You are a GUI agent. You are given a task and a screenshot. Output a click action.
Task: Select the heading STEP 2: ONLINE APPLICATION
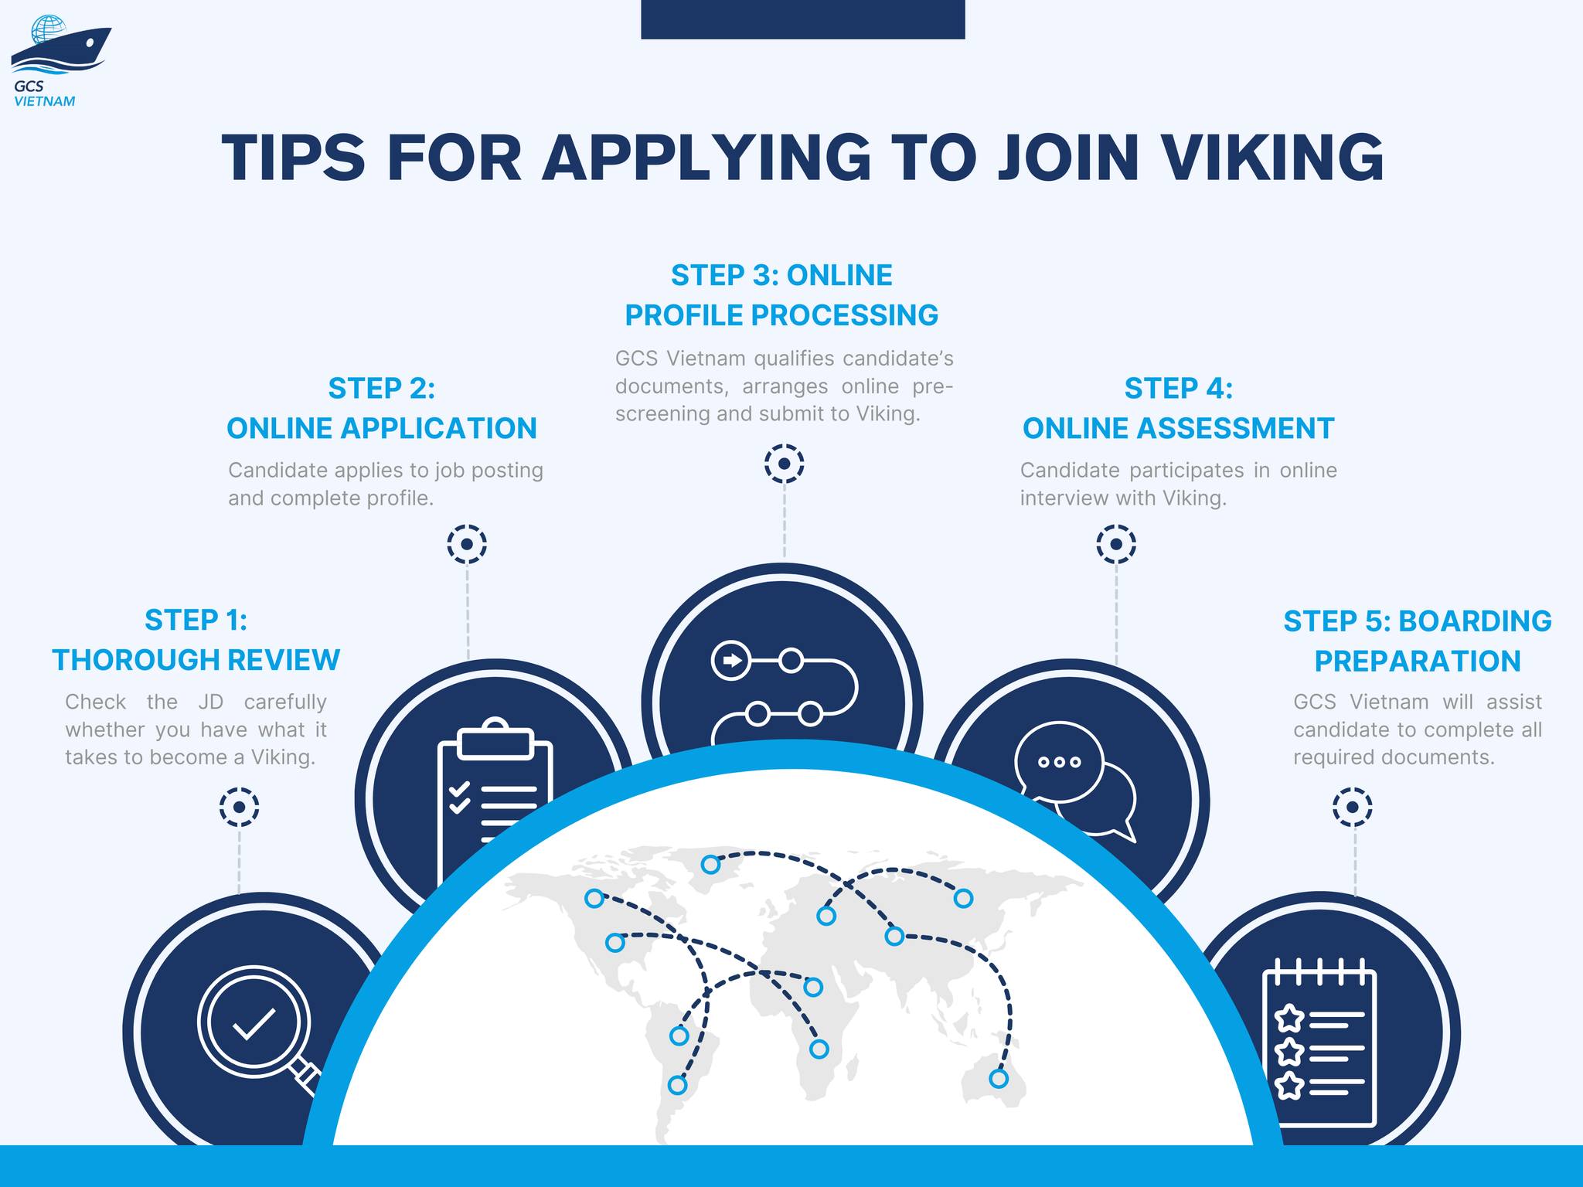[382, 408]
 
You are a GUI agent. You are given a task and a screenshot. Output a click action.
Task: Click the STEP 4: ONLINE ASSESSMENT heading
[1178, 408]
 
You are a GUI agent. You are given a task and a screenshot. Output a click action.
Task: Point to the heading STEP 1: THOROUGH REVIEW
[196, 640]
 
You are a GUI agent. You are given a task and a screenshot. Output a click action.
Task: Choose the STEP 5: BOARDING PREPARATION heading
[1418, 641]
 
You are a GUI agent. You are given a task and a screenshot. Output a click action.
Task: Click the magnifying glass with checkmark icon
[256, 1028]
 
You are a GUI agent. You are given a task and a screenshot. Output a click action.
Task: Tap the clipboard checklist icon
[495, 796]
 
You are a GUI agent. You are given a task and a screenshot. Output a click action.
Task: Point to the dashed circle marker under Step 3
[785, 464]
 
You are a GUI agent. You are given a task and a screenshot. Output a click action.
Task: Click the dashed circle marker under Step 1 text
[239, 808]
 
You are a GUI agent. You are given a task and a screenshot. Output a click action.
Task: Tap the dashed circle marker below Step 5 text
[1353, 808]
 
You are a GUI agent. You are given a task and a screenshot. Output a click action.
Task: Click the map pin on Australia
[999, 1078]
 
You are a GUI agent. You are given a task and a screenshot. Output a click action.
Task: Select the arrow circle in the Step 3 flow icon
[730, 661]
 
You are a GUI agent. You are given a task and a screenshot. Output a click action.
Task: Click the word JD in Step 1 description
[210, 702]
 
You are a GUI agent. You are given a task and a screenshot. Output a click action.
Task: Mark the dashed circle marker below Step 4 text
[1116, 545]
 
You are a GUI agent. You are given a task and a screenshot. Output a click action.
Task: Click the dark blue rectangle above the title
[802, 19]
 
